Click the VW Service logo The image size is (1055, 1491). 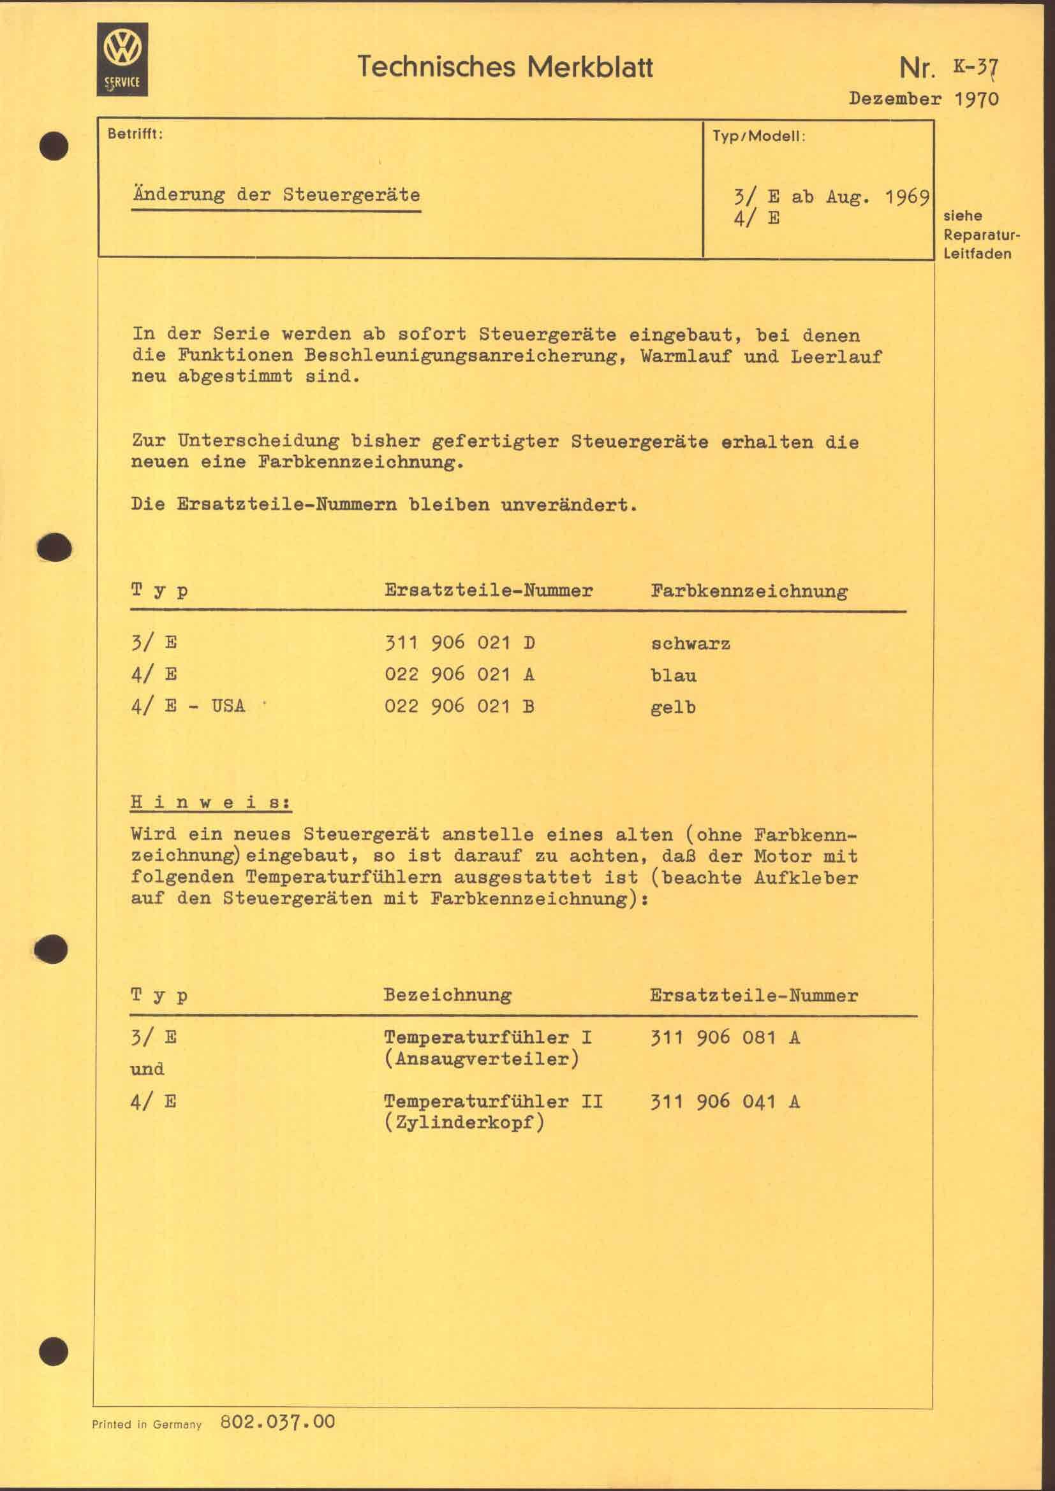click(122, 59)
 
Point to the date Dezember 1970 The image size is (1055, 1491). click(923, 99)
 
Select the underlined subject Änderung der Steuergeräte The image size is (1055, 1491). click(276, 195)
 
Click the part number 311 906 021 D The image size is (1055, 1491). click(459, 643)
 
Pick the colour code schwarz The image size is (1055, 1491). click(690, 644)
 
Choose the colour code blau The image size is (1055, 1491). click(673, 675)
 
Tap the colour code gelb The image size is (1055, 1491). click(673, 707)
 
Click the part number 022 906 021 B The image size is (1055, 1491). click(459, 706)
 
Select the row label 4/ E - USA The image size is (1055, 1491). click(188, 706)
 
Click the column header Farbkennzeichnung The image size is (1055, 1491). click(748, 591)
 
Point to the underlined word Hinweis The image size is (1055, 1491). click(210, 802)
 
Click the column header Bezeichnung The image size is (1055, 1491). click(447, 995)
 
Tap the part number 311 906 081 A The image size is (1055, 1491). click(725, 1037)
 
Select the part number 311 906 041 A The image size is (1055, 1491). click(725, 1102)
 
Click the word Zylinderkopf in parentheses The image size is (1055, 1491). click(463, 1123)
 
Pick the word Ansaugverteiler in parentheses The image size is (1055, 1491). click(481, 1059)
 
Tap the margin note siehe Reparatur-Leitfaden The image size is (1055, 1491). click(977, 235)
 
